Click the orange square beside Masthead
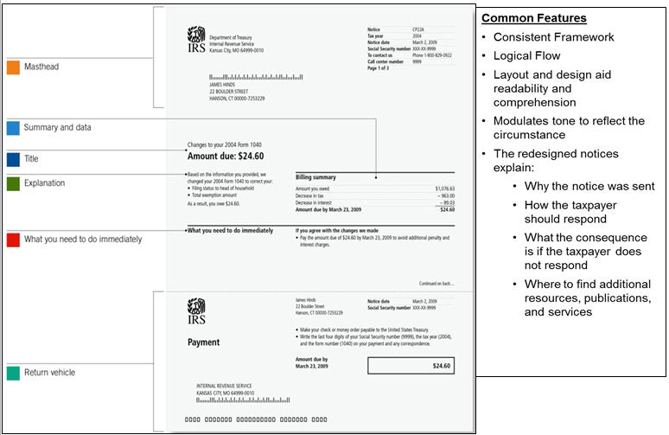pos(13,66)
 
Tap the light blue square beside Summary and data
pos(13,128)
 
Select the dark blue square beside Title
pos(13,159)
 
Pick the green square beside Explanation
pos(13,183)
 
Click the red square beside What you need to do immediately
pos(13,239)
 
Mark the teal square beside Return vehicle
pos(13,373)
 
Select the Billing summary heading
pos(315,177)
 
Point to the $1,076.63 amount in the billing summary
pos(444,188)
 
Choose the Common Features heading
pos(533,18)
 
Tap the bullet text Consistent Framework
pos(553,37)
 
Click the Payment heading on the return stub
pos(204,342)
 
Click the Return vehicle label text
pos(49,373)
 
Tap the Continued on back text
pos(437,283)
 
